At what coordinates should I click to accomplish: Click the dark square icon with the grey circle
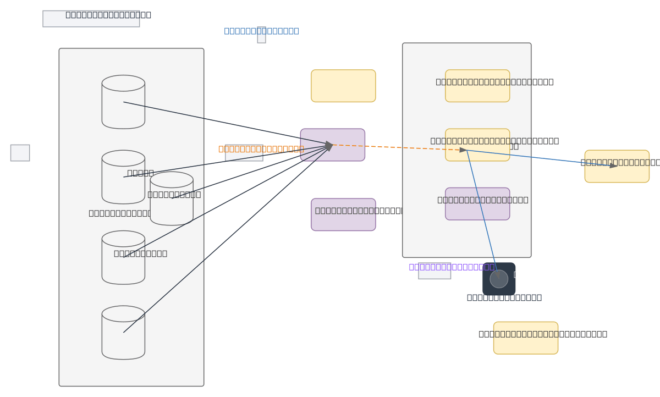[x=499, y=279]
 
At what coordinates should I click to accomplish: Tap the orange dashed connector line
[x=396, y=147]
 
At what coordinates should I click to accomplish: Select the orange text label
[x=261, y=148]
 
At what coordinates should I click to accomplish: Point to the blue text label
[x=261, y=31]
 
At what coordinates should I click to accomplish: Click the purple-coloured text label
[x=451, y=267]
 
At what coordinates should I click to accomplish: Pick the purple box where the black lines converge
[x=332, y=145]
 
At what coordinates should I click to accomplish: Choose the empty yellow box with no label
[x=343, y=86]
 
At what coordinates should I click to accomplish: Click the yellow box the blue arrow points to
[x=617, y=166]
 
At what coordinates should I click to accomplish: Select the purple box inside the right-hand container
[x=477, y=204]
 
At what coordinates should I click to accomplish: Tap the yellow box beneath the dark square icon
[x=525, y=338]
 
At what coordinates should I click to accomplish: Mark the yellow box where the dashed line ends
[x=477, y=145]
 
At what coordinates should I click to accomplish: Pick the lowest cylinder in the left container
[x=123, y=333]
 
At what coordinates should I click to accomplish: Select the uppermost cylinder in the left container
[x=123, y=102]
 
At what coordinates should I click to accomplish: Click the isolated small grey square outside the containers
[x=20, y=153]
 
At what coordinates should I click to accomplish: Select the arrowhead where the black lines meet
[x=329, y=145]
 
